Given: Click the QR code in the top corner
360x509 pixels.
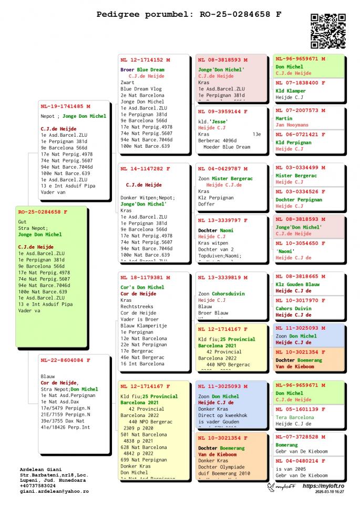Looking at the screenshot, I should [x=328, y=31].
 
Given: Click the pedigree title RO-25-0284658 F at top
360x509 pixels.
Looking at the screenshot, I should [x=189, y=14].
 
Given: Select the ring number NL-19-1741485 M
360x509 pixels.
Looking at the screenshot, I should [x=66, y=106].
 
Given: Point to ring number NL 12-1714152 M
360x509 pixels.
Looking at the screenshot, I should [x=145, y=60].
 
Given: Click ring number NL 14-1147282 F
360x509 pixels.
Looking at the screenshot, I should [x=145, y=169].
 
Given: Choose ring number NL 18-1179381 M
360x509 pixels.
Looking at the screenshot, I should [x=145, y=277].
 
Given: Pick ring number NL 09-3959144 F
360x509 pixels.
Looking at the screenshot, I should [x=223, y=111].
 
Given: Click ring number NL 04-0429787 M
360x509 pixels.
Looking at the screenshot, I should [x=223, y=169].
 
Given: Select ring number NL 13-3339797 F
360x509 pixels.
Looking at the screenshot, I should [x=223, y=220].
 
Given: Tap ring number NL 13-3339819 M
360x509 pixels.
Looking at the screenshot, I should [x=223, y=277].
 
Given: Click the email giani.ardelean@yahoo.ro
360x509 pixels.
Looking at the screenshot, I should [x=54, y=491].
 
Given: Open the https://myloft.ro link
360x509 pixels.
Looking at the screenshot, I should [x=323, y=486].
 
